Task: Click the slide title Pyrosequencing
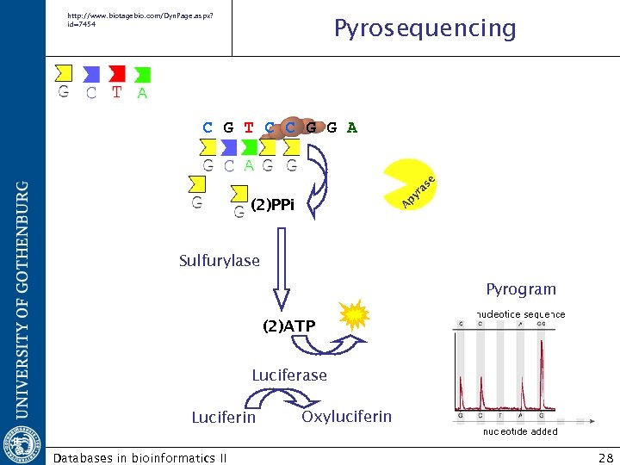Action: tap(425, 29)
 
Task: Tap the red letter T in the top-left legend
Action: tap(117, 92)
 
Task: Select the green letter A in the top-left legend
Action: tap(142, 93)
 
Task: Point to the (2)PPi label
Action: tap(272, 205)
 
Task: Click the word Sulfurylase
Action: tap(219, 260)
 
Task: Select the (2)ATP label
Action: tap(288, 326)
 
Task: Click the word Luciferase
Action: tap(289, 375)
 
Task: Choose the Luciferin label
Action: tap(223, 418)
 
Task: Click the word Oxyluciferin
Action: tap(346, 417)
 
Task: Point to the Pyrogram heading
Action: tap(521, 289)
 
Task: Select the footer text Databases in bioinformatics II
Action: tap(139, 457)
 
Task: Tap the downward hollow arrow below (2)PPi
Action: tap(281, 281)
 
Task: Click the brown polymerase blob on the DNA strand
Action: tap(293, 127)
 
